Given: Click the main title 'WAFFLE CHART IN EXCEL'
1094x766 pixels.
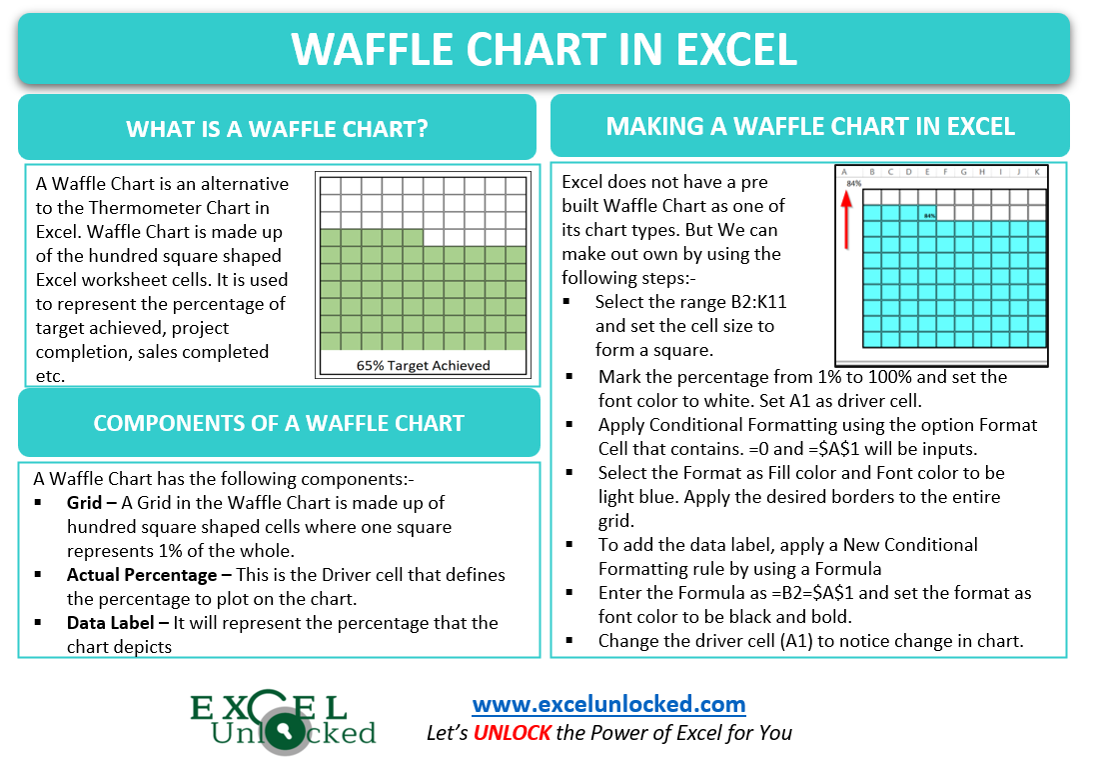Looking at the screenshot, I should click(x=545, y=49).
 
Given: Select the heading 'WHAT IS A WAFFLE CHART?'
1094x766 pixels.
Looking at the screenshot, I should click(x=278, y=129).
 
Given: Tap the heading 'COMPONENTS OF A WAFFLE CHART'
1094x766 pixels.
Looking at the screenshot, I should click(x=279, y=422).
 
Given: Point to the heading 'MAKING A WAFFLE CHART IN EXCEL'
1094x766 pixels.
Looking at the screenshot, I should click(x=810, y=126).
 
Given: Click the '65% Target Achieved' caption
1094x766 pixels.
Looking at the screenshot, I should click(x=423, y=365).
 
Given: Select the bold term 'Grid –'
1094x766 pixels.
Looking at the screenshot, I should click(x=92, y=503).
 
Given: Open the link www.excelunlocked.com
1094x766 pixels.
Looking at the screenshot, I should click(x=608, y=704).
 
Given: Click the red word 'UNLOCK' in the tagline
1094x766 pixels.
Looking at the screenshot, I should click(x=513, y=733).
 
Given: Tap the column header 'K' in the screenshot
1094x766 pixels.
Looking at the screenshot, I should click(x=1036, y=172).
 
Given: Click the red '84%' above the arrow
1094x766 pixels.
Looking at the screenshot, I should click(x=853, y=184).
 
